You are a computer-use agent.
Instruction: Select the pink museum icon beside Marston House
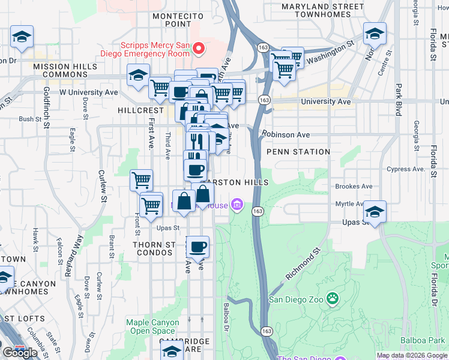237,206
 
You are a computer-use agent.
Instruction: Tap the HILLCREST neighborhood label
140,111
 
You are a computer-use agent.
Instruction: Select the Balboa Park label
430,340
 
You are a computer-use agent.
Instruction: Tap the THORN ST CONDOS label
154,249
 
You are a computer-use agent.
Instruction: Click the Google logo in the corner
20,352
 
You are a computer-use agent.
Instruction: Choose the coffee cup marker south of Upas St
197,246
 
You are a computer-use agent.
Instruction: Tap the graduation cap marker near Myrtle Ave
375,212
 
